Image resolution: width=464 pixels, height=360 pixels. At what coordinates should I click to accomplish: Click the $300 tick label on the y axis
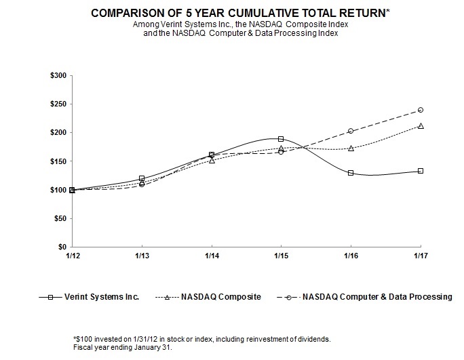tap(59, 76)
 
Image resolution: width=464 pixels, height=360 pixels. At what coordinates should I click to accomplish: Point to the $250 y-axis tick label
tap(59, 104)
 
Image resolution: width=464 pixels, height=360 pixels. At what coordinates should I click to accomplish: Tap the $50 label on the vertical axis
tap(61, 219)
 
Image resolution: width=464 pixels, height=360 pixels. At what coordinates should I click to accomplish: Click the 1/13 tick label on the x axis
tap(141, 255)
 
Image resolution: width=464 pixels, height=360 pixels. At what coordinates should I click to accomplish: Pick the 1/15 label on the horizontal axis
tap(281, 255)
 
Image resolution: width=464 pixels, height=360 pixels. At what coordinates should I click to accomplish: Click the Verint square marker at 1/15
tap(281, 139)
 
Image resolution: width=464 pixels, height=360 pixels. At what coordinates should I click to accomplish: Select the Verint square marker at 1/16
tap(351, 173)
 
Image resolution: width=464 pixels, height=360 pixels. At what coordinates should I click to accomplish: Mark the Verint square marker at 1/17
tap(421, 171)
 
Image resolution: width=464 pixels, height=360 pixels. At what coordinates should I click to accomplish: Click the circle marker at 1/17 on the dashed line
tap(421, 110)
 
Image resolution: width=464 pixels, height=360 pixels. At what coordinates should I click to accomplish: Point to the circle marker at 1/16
tap(351, 131)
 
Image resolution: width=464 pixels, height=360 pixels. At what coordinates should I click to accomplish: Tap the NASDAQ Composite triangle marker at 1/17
tap(421, 125)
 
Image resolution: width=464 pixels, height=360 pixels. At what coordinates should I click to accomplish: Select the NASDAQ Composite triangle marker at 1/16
tap(351, 148)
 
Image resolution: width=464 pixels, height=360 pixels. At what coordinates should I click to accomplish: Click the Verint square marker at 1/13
tap(141, 178)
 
